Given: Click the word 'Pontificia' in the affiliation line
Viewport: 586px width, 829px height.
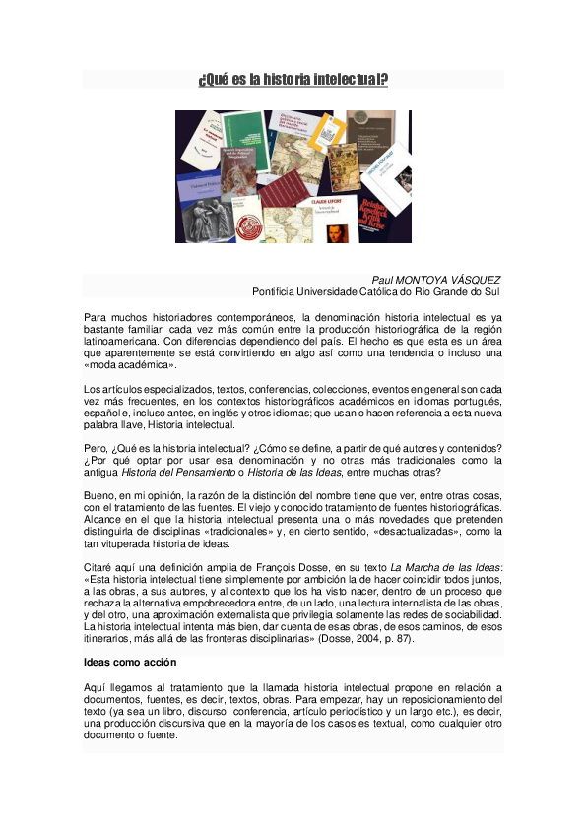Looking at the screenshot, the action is pyautogui.click(x=277, y=291).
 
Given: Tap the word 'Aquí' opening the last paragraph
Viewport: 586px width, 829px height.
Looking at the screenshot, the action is pyautogui.click(x=98, y=686).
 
